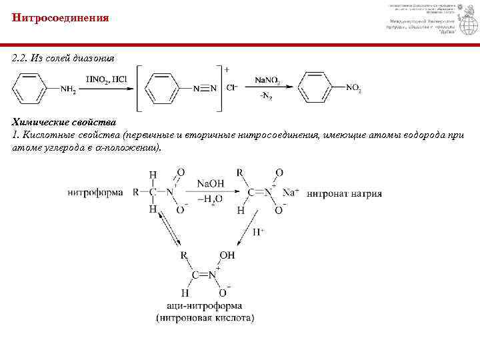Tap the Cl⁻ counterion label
(x=233, y=87)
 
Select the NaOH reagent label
(x=210, y=183)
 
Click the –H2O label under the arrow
(x=209, y=199)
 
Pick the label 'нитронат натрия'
(x=345, y=194)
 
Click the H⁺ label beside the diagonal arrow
(x=259, y=232)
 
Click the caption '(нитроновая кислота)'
(x=205, y=318)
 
